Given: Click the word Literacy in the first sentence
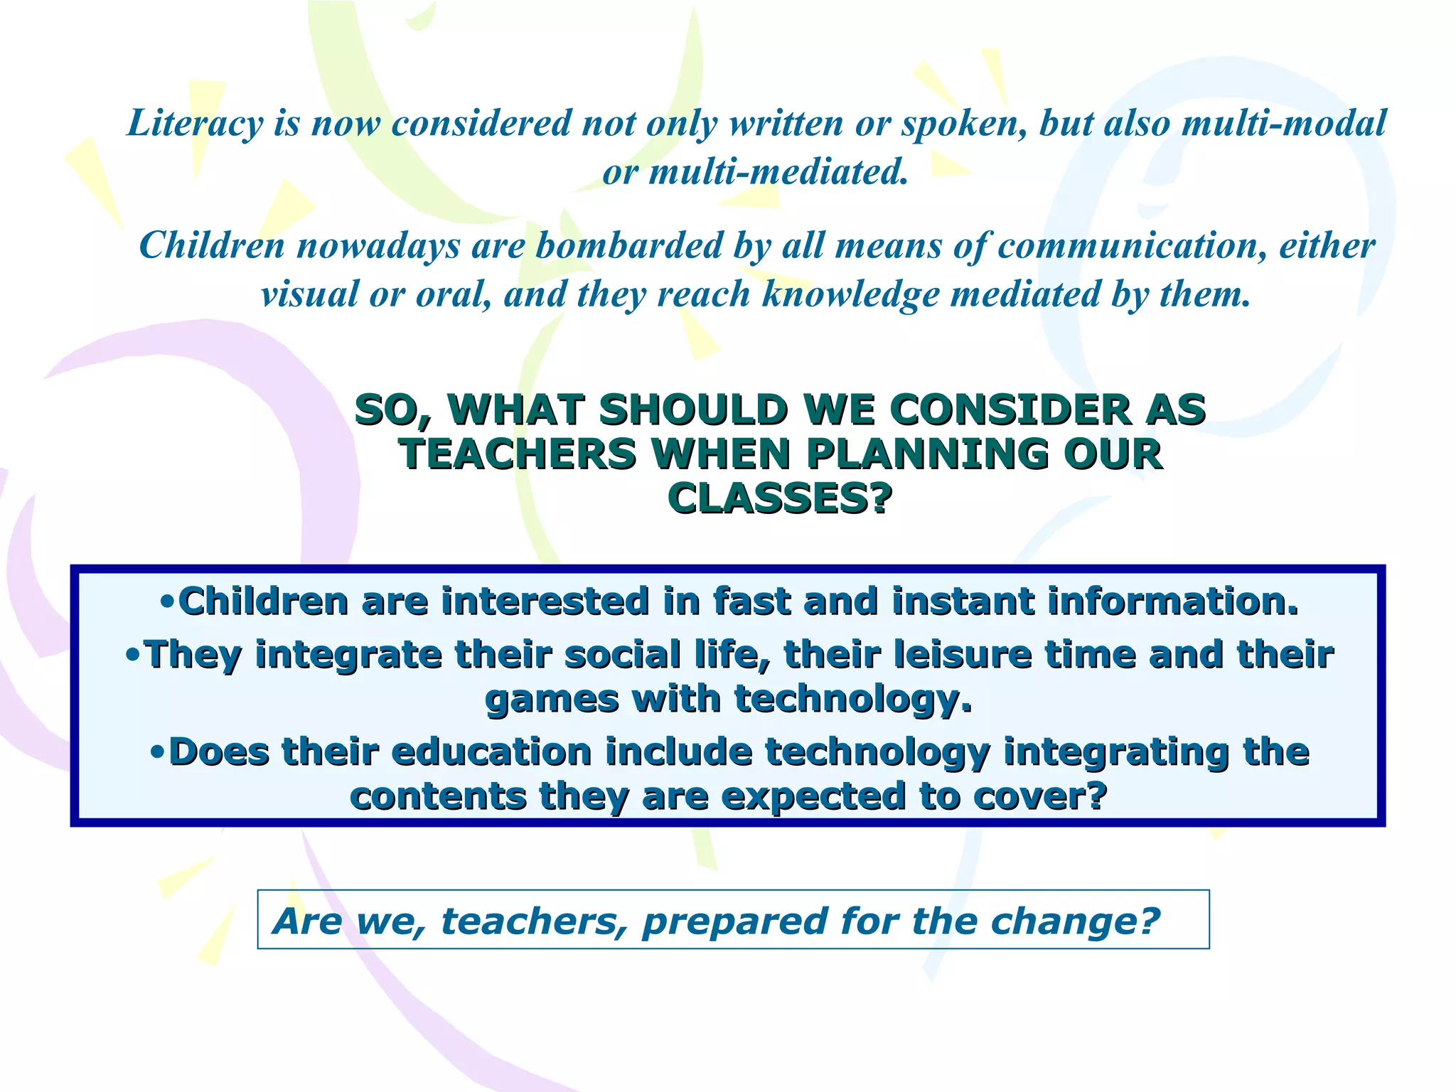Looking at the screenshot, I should (x=195, y=123).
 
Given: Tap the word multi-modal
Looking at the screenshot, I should (x=1283, y=123).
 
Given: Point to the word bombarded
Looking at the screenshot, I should (x=628, y=246).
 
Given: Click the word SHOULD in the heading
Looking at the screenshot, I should (x=694, y=410).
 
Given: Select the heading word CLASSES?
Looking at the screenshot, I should (x=780, y=498).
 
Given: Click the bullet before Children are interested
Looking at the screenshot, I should (x=168, y=601).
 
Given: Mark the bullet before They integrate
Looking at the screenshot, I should (x=134, y=654).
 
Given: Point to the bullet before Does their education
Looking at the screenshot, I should (x=159, y=751).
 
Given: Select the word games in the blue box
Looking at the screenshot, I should (x=552, y=700).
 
